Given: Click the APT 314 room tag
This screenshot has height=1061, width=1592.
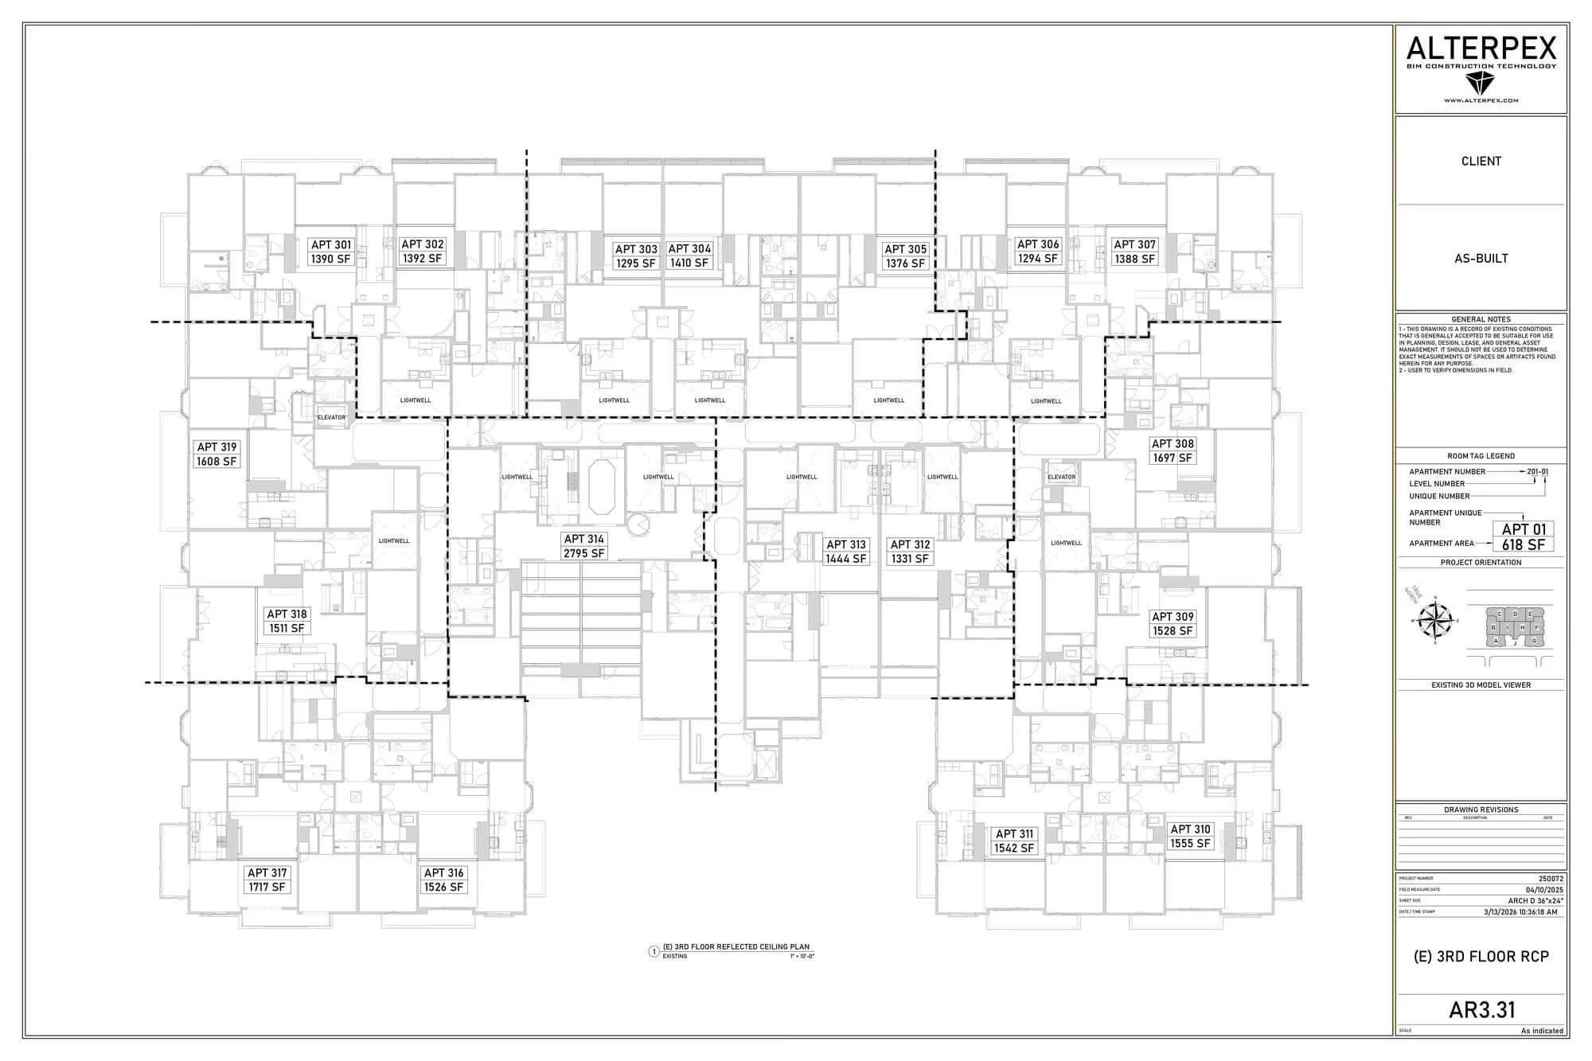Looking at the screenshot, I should coord(584,546).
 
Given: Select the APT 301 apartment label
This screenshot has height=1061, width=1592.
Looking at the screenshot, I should coord(330,252).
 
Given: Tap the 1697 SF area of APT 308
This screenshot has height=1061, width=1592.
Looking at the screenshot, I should coord(1173,458).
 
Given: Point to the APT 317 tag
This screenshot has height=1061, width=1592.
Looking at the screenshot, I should coord(267,880).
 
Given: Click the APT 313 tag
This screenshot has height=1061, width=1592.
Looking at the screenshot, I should coord(845,552).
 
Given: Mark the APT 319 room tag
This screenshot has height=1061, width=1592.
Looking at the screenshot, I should coord(217,454).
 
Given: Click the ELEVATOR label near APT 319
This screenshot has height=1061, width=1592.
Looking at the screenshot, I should coord(332,417).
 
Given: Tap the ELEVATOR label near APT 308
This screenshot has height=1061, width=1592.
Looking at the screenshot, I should coord(1061,477).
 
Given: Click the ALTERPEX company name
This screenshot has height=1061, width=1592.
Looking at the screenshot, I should coord(1481,49).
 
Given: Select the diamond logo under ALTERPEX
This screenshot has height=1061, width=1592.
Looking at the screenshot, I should coord(1481,83).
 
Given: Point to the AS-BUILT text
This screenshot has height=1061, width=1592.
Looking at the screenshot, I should coord(1481,258).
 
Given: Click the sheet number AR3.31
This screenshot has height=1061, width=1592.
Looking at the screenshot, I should coord(1481,1009).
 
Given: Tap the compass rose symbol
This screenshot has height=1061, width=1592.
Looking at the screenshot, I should coord(1437,620).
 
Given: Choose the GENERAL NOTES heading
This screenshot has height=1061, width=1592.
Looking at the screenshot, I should coord(1481,319).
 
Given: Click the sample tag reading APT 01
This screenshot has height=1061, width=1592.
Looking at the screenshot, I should coord(1523,529).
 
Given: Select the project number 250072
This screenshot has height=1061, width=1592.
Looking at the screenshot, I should coord(1551,879).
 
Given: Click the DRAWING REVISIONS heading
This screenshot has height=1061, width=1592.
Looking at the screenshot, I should coord(1481,809).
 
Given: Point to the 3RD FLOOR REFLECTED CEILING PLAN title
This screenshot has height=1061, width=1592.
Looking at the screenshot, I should coord(736,947).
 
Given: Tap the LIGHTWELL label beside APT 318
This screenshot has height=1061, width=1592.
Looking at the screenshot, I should coord(393,540).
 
